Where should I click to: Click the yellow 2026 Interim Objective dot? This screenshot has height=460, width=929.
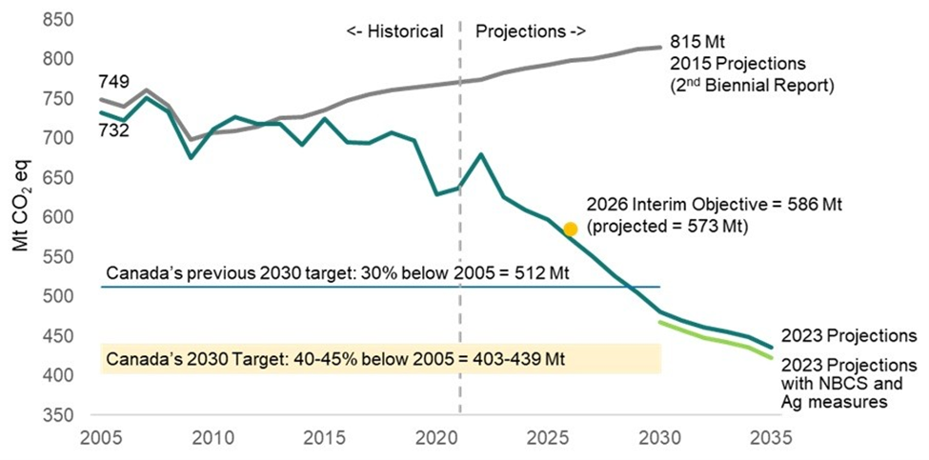[570, 229]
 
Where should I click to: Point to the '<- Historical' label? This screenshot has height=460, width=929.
[394, 30]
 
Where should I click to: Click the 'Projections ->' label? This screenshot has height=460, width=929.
[530, 30]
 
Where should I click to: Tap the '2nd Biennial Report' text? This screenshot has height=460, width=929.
[752, 85]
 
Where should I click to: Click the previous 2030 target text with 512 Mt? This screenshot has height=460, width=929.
[336, 274]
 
